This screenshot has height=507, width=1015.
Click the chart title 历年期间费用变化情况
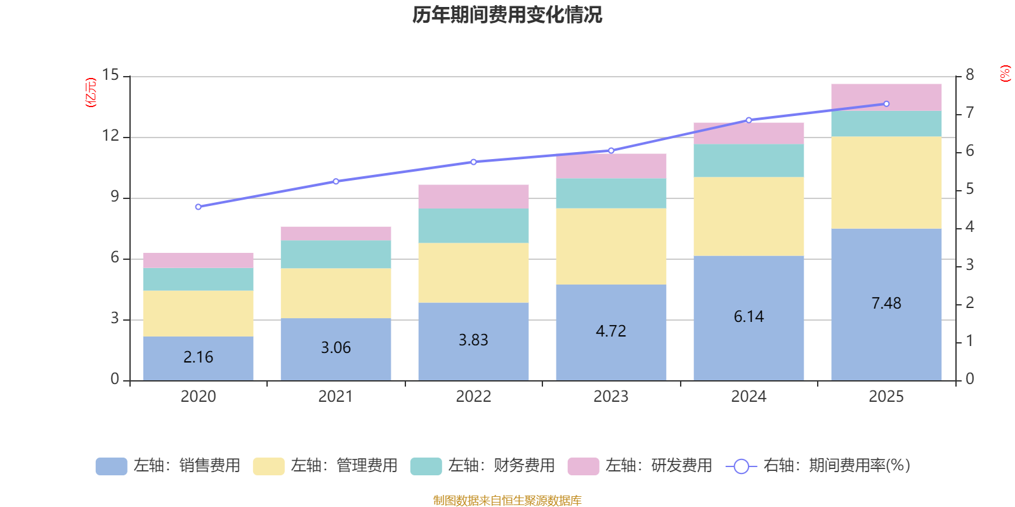(x=507, y=15)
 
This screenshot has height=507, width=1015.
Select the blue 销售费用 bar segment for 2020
(x=198, y=358)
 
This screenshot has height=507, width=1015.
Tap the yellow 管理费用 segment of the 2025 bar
(x=886, y=183)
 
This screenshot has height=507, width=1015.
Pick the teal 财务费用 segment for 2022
(x=473, y=226)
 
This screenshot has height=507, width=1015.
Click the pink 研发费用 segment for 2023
(x=611, y=165)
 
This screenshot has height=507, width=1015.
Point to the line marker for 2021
(x=336, y=181)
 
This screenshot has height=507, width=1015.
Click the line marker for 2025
(x=886, y=104)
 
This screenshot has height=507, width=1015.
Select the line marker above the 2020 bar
(x=199, y=207)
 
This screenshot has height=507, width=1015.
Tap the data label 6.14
(x=749, y=317)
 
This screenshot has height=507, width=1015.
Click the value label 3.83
(x=473, y=340)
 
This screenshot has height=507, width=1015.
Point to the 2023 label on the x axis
(x=611, y=397)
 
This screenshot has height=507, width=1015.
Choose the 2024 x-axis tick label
(x=749, y=397)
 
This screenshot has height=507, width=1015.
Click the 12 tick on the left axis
(x=111, y=136)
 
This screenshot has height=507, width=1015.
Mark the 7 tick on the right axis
(x=969, y=113)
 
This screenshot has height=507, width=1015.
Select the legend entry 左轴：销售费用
(x=168, y=466)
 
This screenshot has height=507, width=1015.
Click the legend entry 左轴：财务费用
(x=483, y=466)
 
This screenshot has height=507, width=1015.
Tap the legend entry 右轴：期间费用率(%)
(x=818, y=466)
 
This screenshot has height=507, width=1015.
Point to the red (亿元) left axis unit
(x=91, y=93)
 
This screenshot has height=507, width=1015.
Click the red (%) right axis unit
(x=1005, y=74)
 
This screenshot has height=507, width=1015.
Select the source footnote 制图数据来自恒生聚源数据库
(x=507, y=501)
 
